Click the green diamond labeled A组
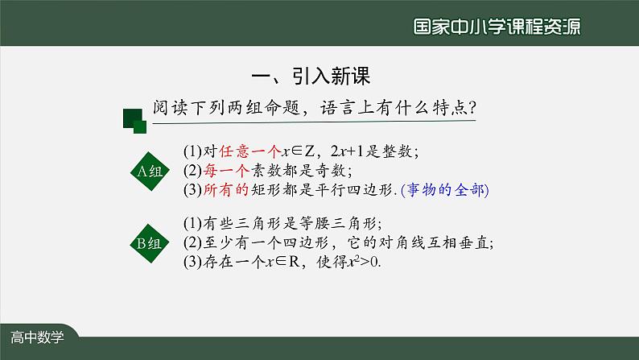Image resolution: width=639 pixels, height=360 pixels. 146,171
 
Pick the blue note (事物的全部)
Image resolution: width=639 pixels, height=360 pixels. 444,191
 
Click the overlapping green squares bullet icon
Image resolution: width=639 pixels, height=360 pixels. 134,122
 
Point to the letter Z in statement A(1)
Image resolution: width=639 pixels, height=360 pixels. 308,151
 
